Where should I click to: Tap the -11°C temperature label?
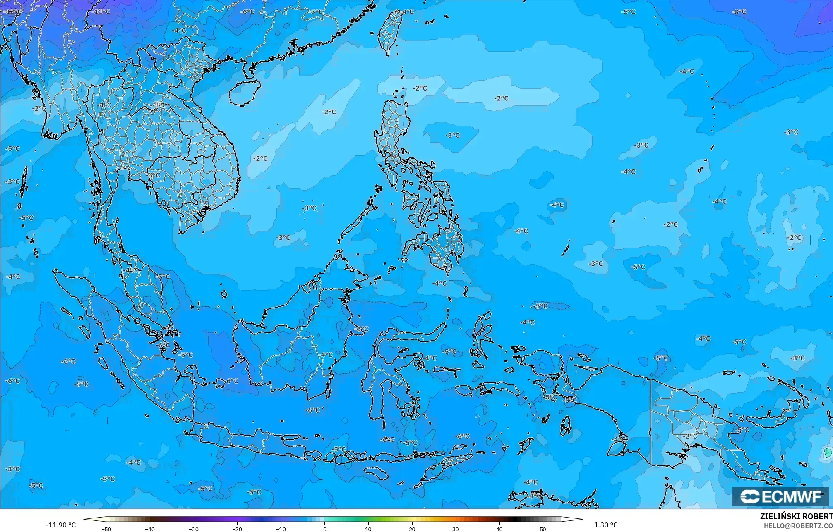coord(101,12)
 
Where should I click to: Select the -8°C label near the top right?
coord(739,12)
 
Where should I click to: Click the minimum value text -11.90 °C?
coord(60,525)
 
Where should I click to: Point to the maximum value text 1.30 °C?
coord(606,525)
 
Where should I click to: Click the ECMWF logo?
coord(780,497)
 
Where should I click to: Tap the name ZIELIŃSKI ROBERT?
coord(796,517)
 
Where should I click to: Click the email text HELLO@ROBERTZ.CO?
coord(798,526)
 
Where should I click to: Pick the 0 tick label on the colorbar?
coord(325,529)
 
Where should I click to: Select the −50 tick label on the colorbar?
coord(106,529)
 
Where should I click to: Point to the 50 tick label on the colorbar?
coord(543,529)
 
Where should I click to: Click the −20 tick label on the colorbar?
coord(237,529)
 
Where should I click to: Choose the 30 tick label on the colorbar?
coord(456,529)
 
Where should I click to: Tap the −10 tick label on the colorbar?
coord(281,529)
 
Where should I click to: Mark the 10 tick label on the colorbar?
coord(368,529)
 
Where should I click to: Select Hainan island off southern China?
coord(244,92)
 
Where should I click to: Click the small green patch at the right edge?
coord(828,453)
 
